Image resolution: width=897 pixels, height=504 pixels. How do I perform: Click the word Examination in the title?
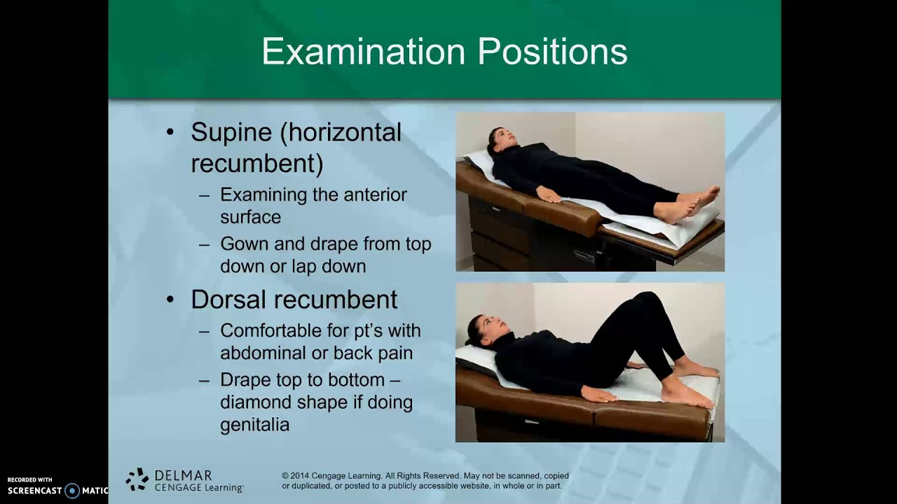tap(363, 52)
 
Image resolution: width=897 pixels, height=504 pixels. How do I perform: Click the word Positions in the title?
tap(553, 52)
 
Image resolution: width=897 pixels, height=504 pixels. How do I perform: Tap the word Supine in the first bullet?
tap(231, 132)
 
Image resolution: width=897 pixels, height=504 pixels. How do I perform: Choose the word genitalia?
tap(254, 425)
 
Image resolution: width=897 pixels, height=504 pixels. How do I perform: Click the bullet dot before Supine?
tap(170, 132)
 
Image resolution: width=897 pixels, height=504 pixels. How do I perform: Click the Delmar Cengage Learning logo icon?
tap(137, 479)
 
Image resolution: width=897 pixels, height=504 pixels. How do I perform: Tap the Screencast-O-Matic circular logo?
tap(72, 491)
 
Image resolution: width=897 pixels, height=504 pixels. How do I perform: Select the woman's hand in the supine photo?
tap(549, 195)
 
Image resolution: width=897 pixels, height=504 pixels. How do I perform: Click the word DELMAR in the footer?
tap(183, 475)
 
